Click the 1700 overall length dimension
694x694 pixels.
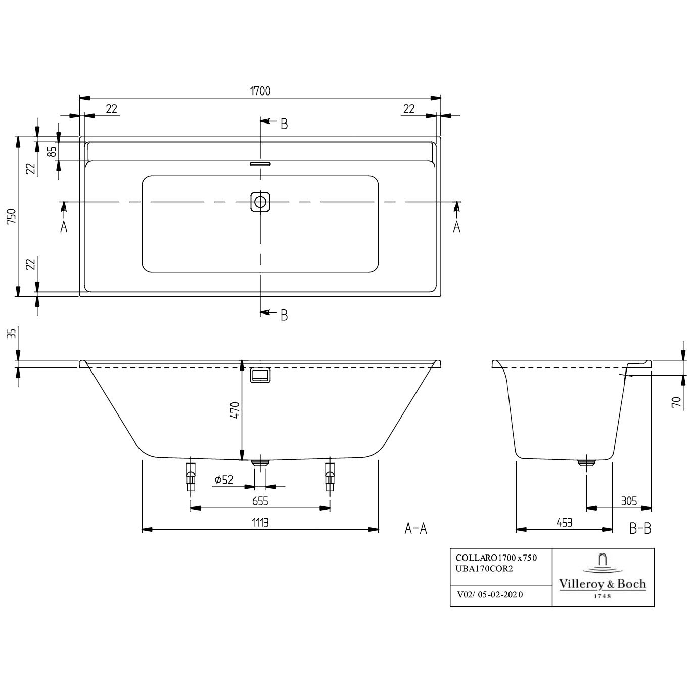pyautogui.click(x=260, y=91)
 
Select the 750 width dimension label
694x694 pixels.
pyautogui.click(x=12, y=217)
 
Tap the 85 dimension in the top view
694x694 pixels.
pyautogui.click(x=52, y=151)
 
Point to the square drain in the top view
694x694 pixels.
pyautogui.click(x=260, y=202)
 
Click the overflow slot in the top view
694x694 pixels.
pyautogui.click(x=260, y=163)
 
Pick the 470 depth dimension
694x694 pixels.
pyautogui.click(x=235, y=410)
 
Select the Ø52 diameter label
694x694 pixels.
pyautogui.click(x=223, y=480)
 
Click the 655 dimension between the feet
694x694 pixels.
pyautogui.click(x=260, y=501)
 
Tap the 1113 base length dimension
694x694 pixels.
pyautogui.click(x=260, y=523)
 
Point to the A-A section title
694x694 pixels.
pyautogui.click(x=415, y=529)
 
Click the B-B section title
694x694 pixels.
pyautogui.click(x=640, y=529)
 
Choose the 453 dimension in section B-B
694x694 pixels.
pyautogui.click(x=564, y=523)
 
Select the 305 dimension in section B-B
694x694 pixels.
pyautogui.click(x=629, y=501)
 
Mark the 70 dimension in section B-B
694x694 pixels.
pyautogui.click(x=677, y=402)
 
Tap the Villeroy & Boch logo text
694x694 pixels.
pyautogui.click(x=602, y=584)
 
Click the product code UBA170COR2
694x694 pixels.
pyautogui.click(x=484, y=569)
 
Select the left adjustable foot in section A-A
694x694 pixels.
pyautogui.click(x=191, y=477)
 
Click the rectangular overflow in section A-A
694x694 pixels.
pyautogui.click(x=260, y=376)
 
